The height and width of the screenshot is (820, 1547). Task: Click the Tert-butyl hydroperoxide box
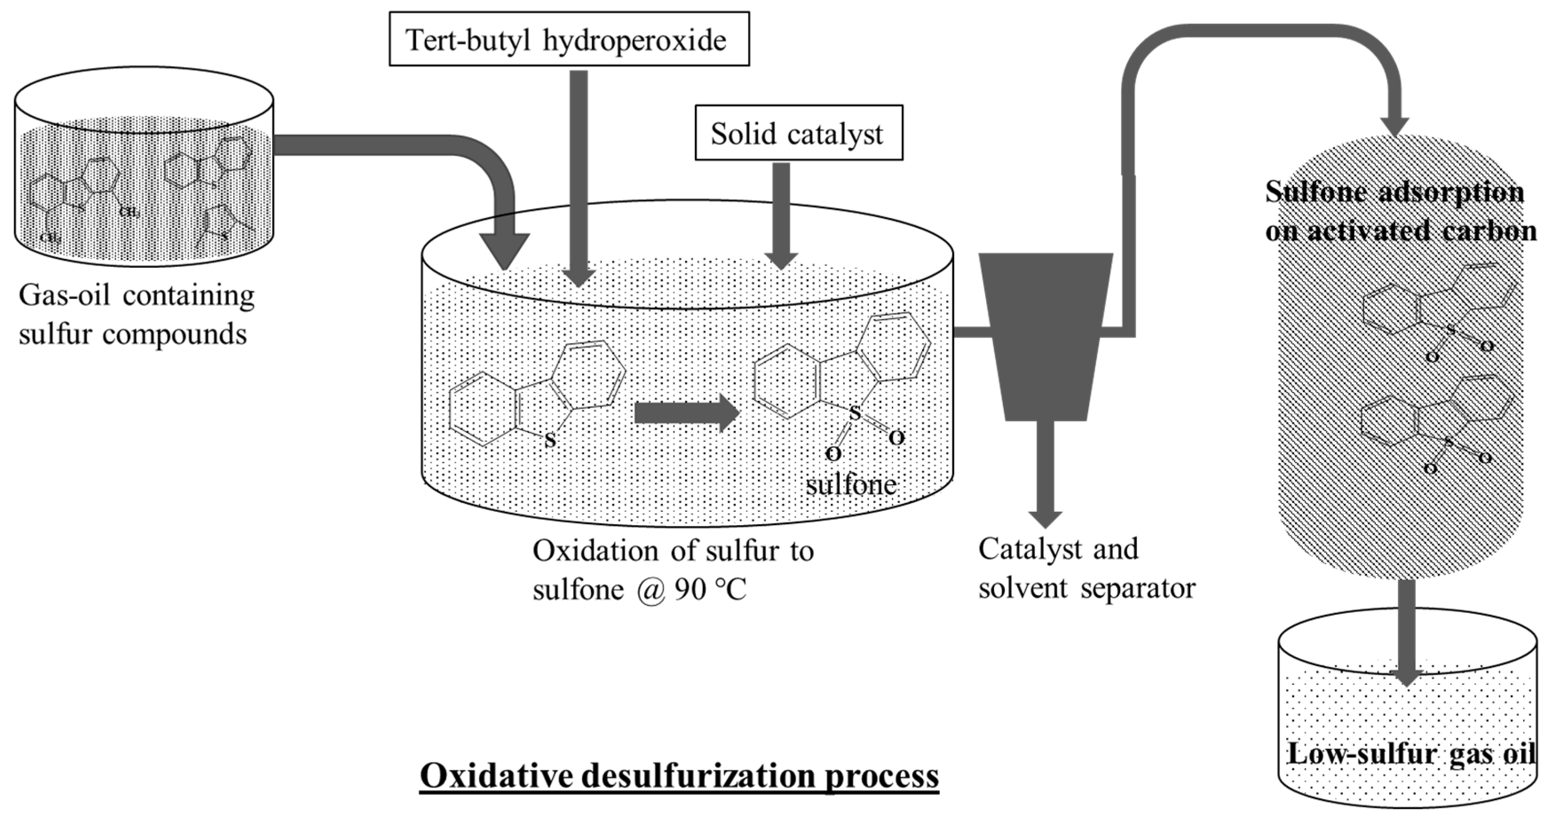(569, 39)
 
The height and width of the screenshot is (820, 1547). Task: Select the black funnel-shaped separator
(1046, 336)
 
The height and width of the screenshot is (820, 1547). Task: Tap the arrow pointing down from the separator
(1046, 474)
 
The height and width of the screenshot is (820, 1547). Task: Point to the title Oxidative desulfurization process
(679, 776)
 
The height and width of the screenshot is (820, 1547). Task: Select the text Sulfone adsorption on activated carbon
(1399, 211)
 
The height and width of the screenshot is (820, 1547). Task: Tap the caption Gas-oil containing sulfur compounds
(136, 314)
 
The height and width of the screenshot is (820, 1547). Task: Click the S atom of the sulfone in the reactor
(855, 413)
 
